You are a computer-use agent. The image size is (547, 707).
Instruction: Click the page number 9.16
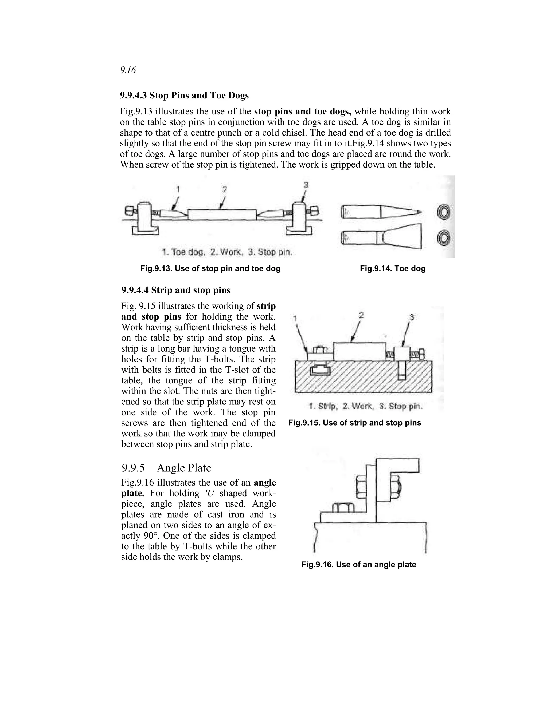coord(128,70)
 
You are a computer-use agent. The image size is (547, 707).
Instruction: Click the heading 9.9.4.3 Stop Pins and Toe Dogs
coord(184,96)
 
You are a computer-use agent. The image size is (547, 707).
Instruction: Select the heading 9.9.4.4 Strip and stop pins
coord(176,290)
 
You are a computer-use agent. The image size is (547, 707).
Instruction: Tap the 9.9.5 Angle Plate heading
coord(166,468)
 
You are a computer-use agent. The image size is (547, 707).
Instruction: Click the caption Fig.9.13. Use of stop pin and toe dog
coord(210,268)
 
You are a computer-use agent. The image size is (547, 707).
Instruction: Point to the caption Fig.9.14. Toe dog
coord(392,268)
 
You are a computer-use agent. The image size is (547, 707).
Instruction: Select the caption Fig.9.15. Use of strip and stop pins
coord(354,423)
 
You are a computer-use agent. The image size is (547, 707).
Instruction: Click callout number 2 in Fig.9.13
coord(225,189)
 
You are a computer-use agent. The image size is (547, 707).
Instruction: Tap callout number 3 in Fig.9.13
coord(306,185)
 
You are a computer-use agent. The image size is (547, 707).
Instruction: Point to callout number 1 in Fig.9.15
coord(295,319)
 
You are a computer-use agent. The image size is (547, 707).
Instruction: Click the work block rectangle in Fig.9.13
coord(222,215)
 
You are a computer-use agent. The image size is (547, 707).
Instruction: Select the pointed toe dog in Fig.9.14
coord(381,212)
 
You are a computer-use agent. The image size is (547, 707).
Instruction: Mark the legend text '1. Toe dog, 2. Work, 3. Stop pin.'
coord(227,252)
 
